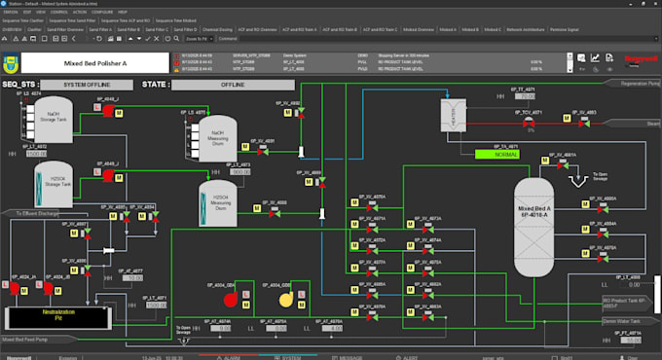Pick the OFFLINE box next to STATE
tap(233, 85)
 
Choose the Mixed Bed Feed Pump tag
tap(28, 340)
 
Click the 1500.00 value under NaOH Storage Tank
tap(36, 154)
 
